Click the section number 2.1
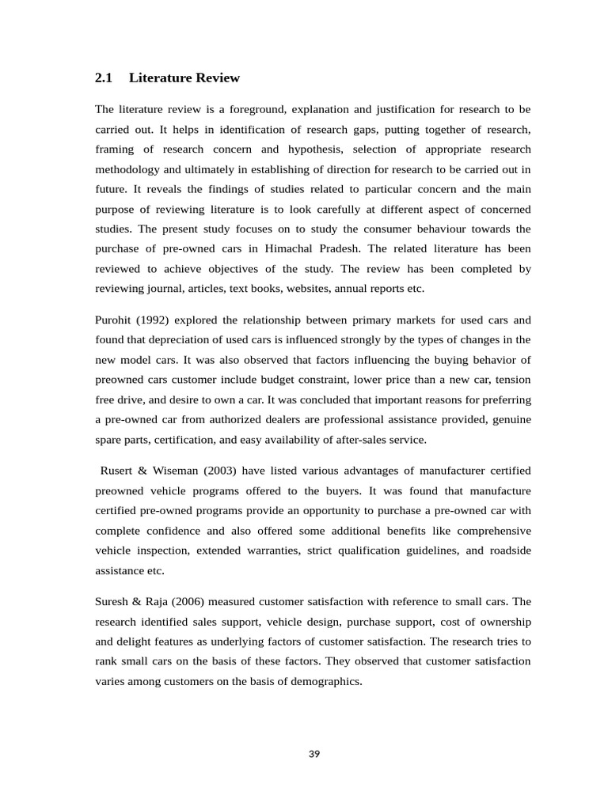coord(104,78)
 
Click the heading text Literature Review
coord(184,78)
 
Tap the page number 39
coord(314,754)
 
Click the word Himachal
coord(323,248)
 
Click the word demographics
coord(322,680)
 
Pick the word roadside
coord(507,550)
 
